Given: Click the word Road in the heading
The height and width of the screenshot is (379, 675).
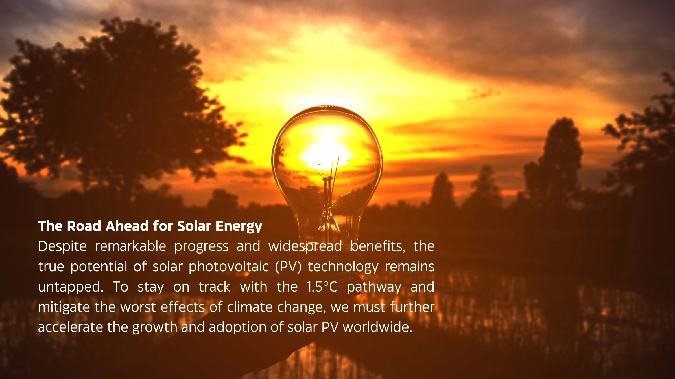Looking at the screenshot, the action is coord(84,226).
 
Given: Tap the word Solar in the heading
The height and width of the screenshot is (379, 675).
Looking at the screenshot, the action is coord(194,226).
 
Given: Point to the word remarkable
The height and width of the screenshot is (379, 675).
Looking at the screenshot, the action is coord(130,246).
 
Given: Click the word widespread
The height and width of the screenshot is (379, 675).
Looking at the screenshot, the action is coord(305,247).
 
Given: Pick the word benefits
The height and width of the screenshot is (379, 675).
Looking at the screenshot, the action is coord(378,247).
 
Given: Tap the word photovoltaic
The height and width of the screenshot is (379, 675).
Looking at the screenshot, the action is coord(229,267).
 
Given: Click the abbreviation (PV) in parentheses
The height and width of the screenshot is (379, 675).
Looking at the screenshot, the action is coord(288,267).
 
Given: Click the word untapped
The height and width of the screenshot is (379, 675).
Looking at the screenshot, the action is coord(71,287).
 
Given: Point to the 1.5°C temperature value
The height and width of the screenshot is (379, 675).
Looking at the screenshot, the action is coord(322,287).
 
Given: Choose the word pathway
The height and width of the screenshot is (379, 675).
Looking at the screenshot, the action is coord(374,287).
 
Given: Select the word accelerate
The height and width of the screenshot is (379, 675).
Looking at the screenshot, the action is coord(71,327).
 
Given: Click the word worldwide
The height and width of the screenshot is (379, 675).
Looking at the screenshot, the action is coord(377,327).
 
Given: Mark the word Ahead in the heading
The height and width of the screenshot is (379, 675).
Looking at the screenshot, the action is coord(127,226).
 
